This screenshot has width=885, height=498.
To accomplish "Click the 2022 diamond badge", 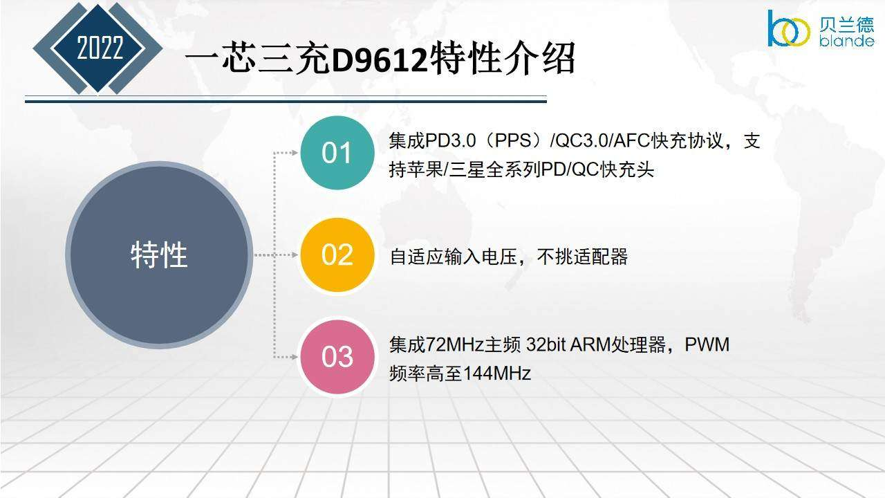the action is click(x=98, y=48).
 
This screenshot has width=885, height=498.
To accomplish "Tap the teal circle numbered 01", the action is click(x=337, y=153).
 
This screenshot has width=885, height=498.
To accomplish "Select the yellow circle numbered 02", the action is click(x=337, y=255).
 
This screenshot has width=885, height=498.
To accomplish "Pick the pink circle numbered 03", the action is click(x=337, y=357).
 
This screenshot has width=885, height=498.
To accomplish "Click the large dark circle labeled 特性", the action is click(x=159, y=255).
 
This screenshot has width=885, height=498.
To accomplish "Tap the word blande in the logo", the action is click(x=846, y=40).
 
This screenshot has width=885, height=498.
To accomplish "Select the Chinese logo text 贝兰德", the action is click(x=846, y=24).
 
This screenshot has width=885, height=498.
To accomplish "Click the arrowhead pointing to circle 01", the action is click(x=295, y=153).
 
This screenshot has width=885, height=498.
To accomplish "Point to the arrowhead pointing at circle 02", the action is click(x=295, y=255).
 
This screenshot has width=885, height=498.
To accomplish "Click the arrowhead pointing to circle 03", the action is click(x=295, y=357).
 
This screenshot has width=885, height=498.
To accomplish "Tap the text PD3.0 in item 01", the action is click(x=450, y=140).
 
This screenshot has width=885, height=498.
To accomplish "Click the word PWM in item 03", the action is click(x=707, y=344).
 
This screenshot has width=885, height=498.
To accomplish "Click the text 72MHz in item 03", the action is click(x=455, y=344).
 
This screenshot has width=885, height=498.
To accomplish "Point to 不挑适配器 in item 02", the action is click(x=582, y=257).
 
